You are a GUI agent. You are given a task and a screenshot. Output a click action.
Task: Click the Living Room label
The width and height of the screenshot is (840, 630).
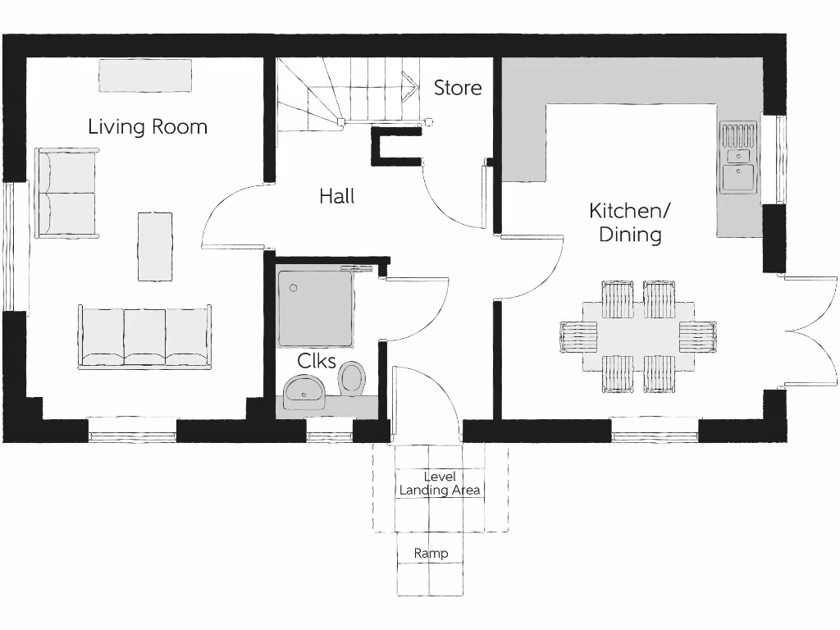(148, 126)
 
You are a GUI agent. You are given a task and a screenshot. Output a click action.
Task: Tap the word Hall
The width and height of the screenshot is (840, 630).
(337, 196)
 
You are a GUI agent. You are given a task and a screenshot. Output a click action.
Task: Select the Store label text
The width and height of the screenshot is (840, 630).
(458, 88)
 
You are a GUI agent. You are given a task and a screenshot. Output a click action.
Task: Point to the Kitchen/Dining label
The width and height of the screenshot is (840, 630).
(630, 222)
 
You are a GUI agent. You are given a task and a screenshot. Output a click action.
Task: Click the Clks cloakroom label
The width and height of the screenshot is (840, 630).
(317, 360)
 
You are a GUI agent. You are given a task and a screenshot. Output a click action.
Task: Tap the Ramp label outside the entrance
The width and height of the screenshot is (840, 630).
(431, 554)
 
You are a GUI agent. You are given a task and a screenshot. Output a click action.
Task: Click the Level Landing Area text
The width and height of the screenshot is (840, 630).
(440, 483)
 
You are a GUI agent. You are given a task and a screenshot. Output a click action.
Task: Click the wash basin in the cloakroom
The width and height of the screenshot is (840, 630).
(304, 391)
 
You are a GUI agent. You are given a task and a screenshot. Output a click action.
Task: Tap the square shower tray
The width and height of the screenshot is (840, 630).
(316, 304)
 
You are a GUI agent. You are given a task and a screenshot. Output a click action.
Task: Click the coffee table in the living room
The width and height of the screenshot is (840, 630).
(155, 246)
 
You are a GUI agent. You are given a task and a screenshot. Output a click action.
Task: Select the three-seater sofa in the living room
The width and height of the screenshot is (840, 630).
(144, 337)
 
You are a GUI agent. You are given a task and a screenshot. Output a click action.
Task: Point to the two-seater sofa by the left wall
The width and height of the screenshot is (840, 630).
(66, 194)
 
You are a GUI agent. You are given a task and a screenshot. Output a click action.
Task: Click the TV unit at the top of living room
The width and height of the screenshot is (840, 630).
(145, 75)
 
